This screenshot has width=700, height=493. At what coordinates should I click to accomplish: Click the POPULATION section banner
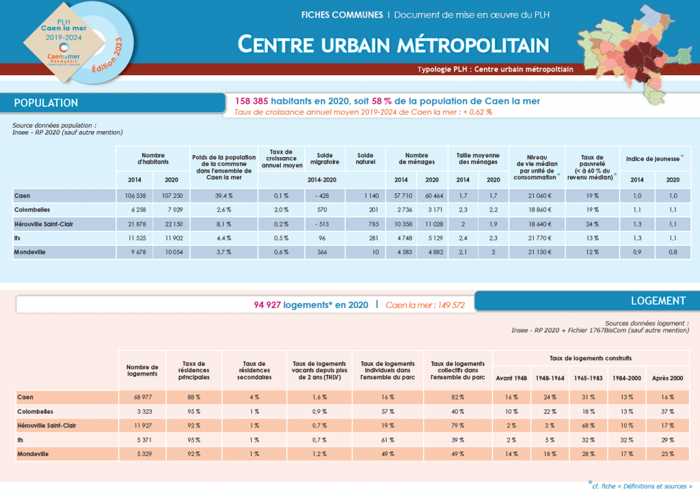46,103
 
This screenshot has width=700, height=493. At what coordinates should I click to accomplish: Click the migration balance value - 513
323,223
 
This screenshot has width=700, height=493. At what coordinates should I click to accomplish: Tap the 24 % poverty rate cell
593,223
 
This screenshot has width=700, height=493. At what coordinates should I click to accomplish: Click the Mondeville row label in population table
31,252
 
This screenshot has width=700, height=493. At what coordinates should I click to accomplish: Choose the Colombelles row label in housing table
35,411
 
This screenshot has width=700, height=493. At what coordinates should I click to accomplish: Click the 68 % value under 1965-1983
587,425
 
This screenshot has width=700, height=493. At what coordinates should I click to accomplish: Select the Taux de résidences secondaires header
254,370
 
